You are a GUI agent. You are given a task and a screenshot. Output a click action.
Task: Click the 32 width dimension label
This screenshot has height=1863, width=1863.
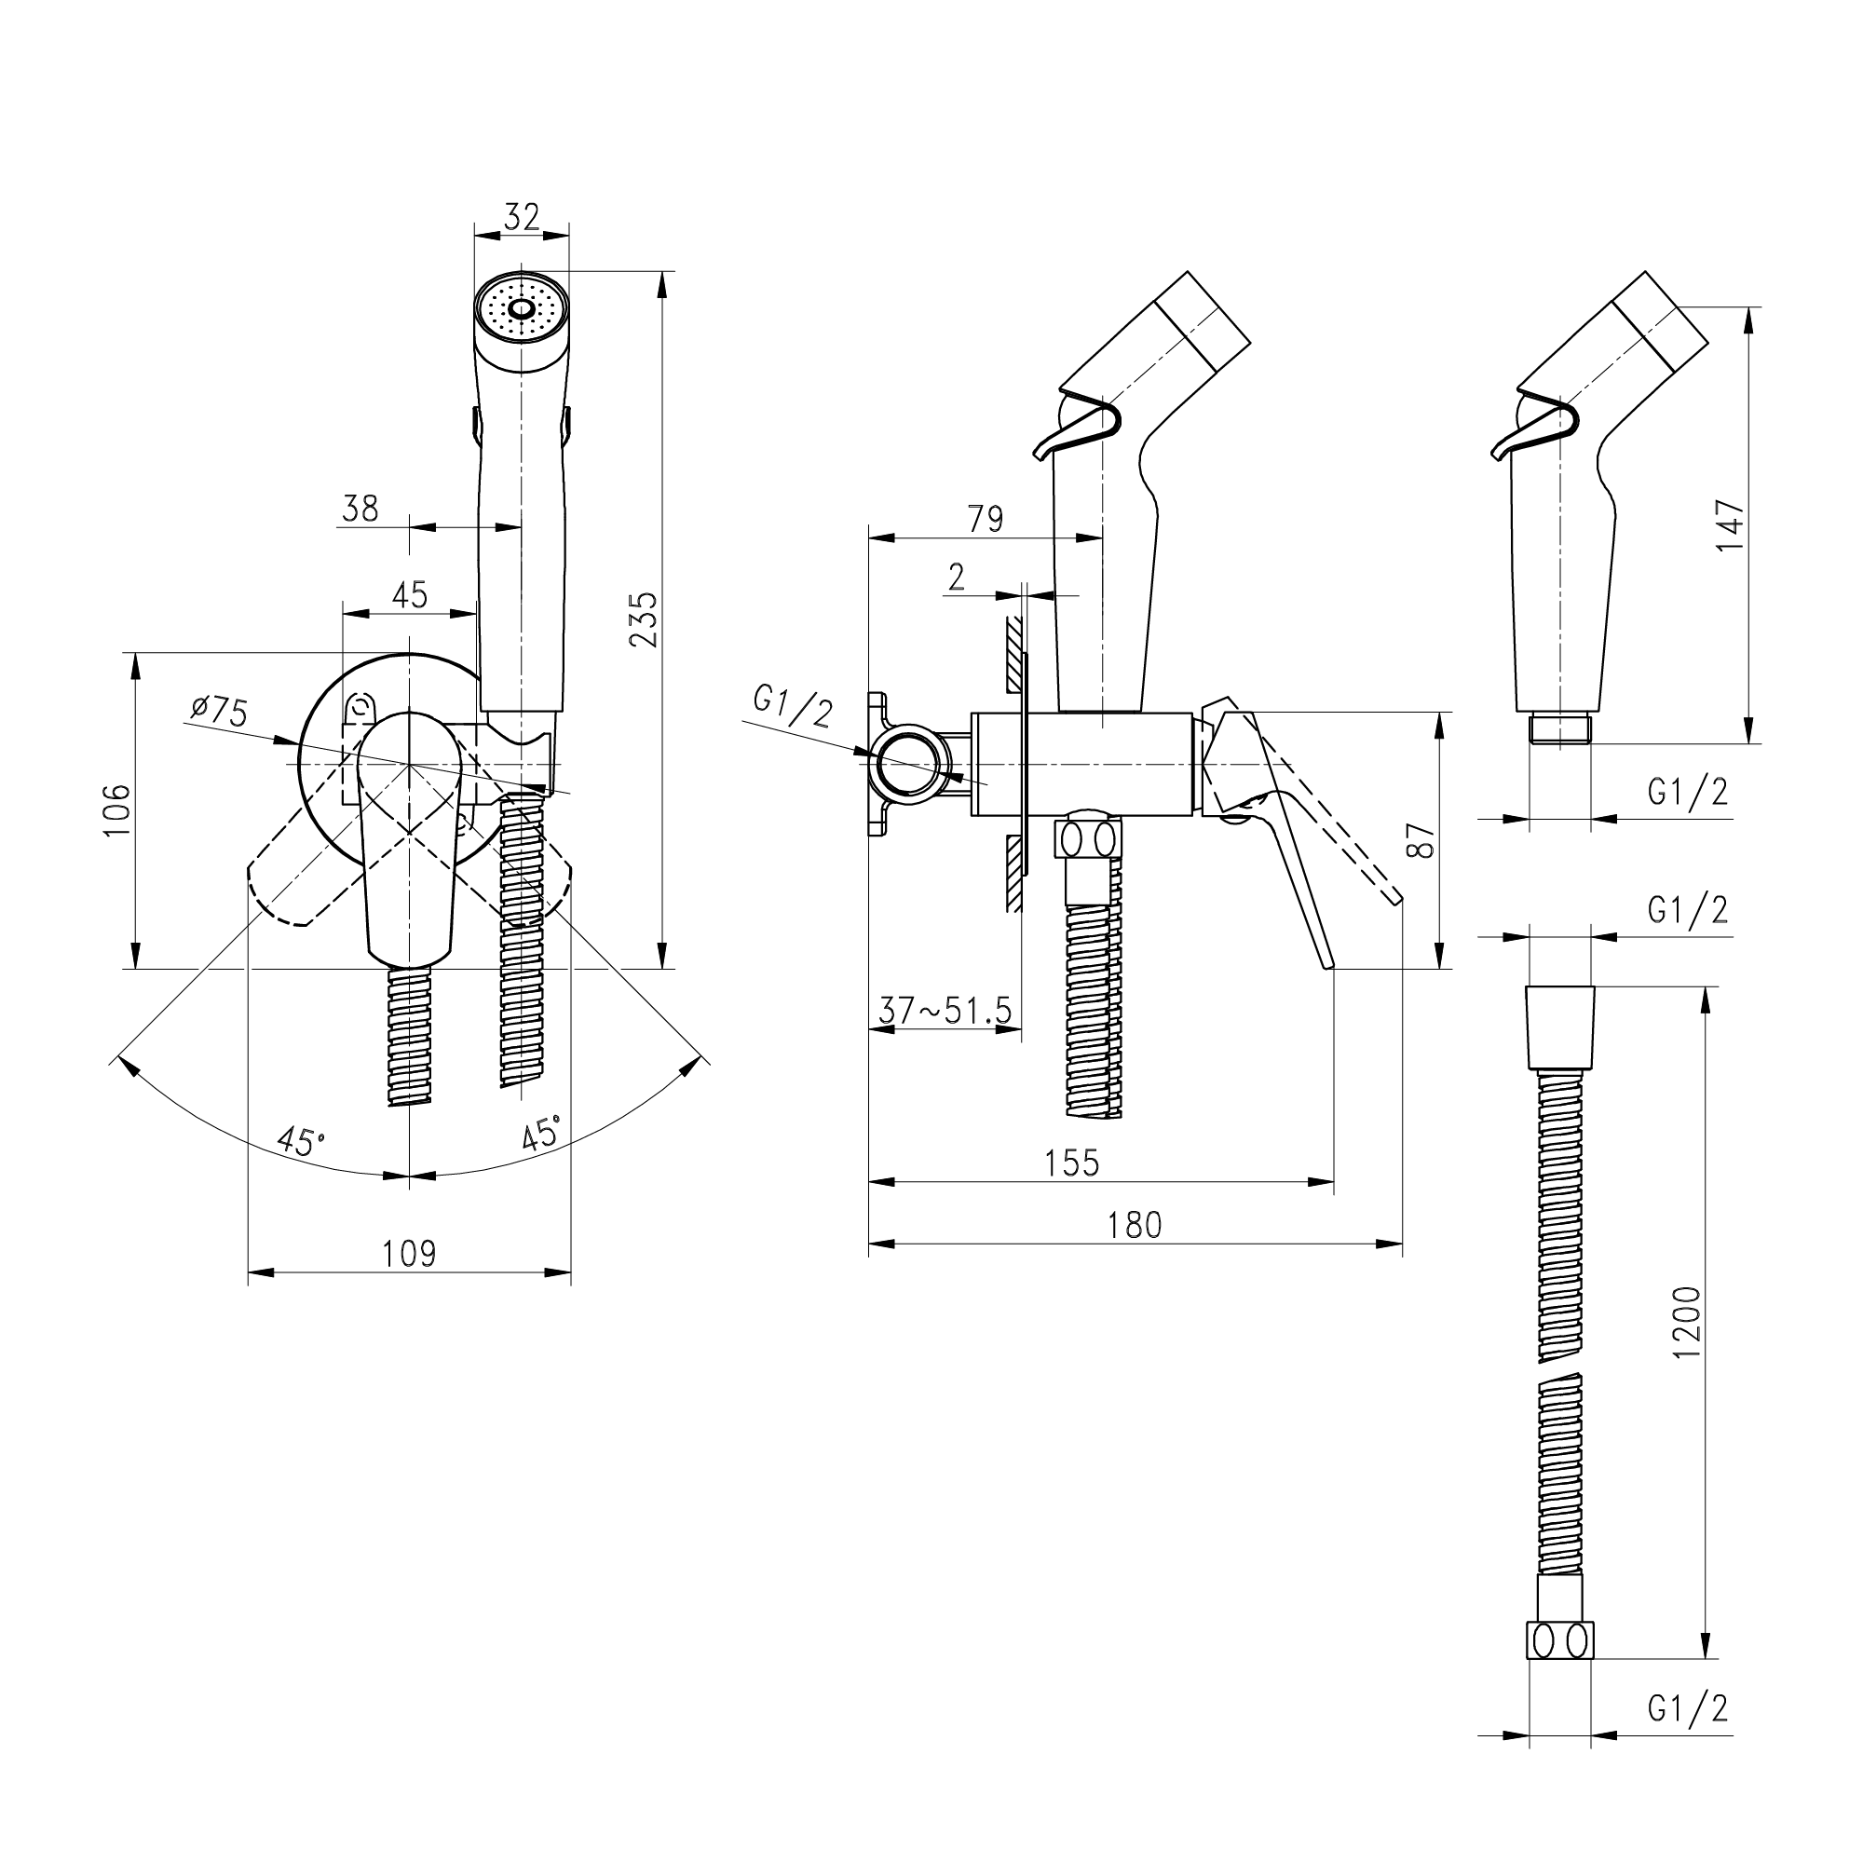click(x=522, y=217)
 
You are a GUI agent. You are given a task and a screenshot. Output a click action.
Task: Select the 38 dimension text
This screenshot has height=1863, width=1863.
click(x=360, y=509)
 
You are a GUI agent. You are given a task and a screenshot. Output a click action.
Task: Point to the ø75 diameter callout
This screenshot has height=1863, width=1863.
click(x=220, y=711)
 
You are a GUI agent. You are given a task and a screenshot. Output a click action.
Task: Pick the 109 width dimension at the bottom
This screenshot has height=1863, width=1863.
click(x=409, y=1254)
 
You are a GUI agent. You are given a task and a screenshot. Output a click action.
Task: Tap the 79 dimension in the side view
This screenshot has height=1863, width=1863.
click(x=986, y=519)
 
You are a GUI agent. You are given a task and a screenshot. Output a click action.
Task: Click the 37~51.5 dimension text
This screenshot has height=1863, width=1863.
click(x=945, y=1011)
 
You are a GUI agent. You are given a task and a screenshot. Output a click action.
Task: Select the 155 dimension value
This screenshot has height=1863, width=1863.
click(x=1071, y=1163)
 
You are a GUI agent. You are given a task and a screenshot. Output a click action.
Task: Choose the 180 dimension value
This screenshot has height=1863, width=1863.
click(x=1135, y=1225)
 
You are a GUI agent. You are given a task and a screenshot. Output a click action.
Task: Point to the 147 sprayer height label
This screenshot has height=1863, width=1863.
click(x=1730, y=524)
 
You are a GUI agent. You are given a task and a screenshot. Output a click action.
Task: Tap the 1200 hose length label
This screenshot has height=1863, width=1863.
click(x=1688, y=1322)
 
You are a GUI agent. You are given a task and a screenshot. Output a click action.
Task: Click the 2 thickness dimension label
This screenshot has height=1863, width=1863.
click(x=956, y=577)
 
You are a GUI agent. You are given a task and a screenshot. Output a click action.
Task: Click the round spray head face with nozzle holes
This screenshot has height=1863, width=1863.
click(x=522, y=309)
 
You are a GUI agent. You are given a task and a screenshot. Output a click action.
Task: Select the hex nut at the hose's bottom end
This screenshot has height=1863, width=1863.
click(x=1559, y=1640)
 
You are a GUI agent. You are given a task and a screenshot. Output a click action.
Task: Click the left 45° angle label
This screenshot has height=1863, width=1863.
click(x=300, y=1141)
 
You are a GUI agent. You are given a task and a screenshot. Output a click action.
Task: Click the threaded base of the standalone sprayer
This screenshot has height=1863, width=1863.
click(x=1559, y=728)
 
